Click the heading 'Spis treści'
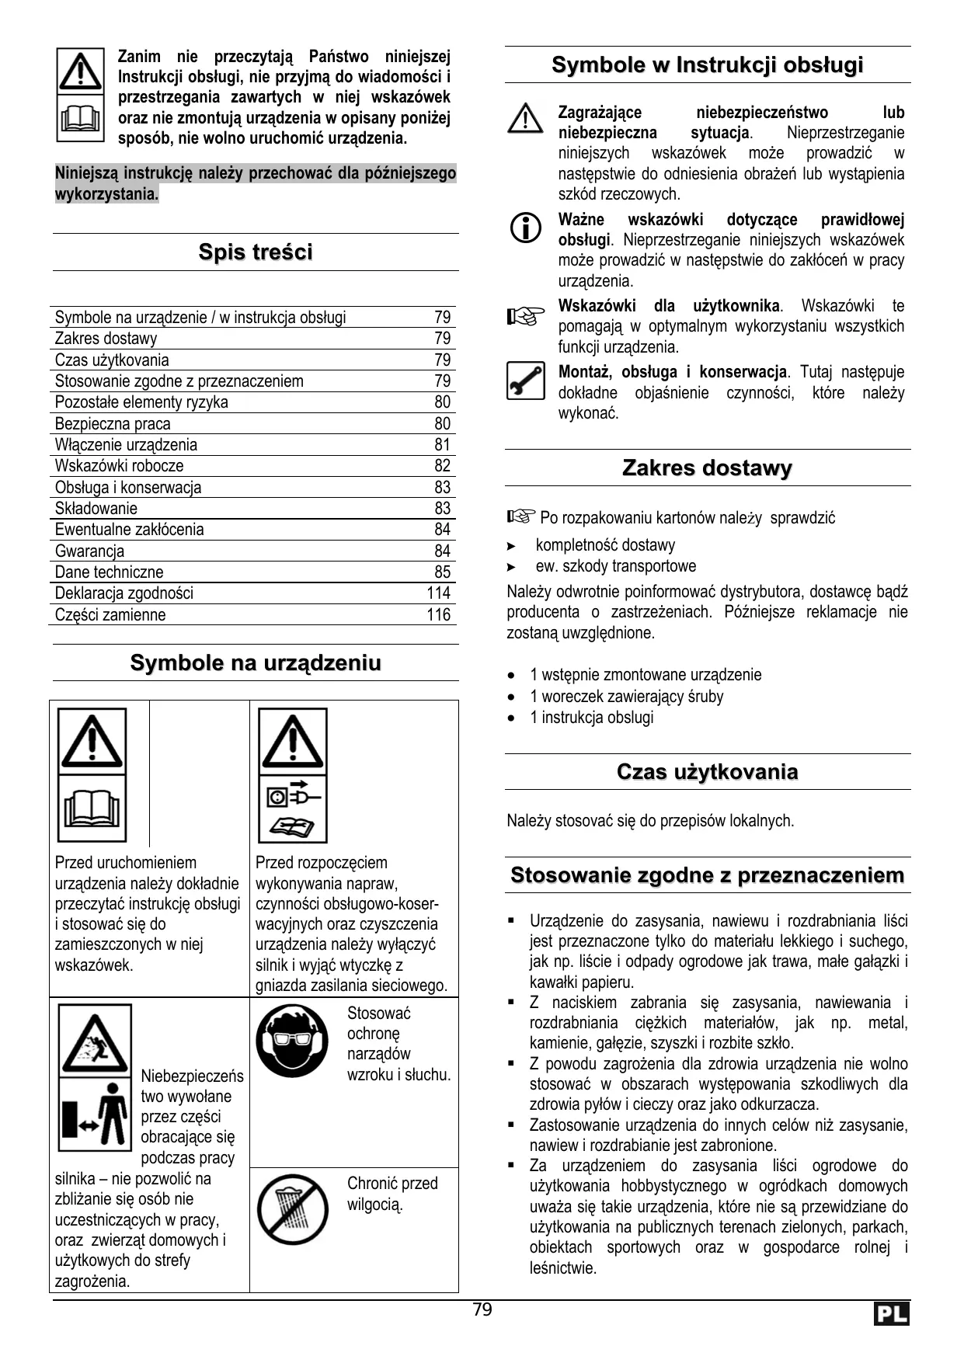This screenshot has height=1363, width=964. point(256,252)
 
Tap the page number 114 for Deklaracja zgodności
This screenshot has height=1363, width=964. point(438,593)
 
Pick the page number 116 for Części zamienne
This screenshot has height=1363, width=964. point(438,615)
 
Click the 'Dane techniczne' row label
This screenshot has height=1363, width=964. point(109,572)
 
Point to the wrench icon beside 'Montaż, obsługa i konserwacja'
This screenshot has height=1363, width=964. point(525,381)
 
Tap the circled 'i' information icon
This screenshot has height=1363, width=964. point(525,228)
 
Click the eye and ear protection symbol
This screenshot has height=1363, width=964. point(293,1041)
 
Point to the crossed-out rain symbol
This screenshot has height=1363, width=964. point(293,1209)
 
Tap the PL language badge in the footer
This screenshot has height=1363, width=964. point(890,1314)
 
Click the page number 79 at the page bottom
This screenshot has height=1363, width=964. point(482,1310)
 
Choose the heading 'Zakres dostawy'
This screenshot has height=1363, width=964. point(707,468)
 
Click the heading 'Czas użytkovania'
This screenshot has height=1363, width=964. point(707,772)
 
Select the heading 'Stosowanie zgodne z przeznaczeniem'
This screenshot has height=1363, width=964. point(707,875)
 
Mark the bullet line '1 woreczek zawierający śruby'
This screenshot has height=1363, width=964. point(626,697)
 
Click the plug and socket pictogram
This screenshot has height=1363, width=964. point(293,796)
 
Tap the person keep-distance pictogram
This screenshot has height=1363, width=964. point(95,1115)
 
